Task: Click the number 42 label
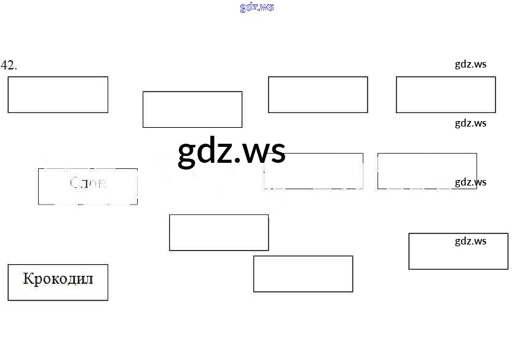click(x=9, y=66)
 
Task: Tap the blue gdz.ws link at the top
click(x=256, y=7)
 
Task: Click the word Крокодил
click(x=58, y=279)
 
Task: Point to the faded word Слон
click(x=88, y=183)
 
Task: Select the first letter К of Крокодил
click(x=28, y=279)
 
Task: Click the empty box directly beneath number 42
click(x=58, y=95)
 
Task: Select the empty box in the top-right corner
click(x=446, y=95)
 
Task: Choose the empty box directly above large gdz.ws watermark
click(x=192, y=109)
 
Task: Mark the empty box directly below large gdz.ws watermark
click(x=219, y=232)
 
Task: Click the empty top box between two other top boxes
click(x=318, y=95)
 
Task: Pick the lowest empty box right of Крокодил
click(x=303, y=274)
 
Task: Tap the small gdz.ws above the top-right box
click(x=470, y=64)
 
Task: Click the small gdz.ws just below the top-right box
click(x=470, y=123)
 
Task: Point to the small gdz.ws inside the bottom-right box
click(x=470, y=241)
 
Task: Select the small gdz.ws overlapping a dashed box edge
click(x=470, y=182)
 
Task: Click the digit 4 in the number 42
click(x=5, y=66)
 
